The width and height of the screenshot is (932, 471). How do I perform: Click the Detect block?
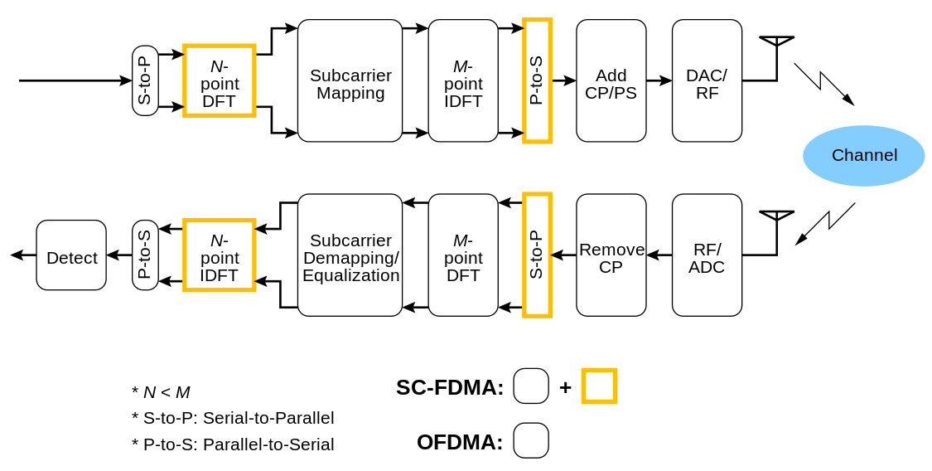(x=71, y=255)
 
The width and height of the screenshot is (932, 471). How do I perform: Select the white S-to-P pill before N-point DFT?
(x=145, y=80)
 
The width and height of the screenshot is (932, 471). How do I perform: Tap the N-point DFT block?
(x=220, y=81)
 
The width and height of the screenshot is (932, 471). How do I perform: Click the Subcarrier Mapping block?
(x=350, y=81)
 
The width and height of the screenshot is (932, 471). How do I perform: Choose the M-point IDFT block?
(x=463, y=81)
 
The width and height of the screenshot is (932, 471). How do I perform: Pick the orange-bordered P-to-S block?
(x=537, y=81)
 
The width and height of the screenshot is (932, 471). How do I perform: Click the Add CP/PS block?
(x=611, y=81)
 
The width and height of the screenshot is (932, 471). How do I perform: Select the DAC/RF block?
(x=707, y=81)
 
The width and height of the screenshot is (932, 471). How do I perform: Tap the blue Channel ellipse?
(x=864, y=156)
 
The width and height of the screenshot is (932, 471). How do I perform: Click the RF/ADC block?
(x=707, y=255)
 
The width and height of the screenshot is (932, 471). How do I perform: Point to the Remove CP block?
(x=611, y=255)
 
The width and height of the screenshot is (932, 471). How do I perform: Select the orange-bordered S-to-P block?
(x=537, y=255)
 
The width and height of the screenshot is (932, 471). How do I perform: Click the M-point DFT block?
(x=463, y=255)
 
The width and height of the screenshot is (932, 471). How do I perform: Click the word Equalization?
(x=350, y=275)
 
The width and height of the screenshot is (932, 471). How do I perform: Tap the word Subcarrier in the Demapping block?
(x=350, y=240)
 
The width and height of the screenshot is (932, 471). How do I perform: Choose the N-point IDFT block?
(x=220, y=255)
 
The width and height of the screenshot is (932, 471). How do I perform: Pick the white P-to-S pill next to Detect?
(x=145, y=255)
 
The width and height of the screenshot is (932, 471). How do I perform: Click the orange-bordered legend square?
(x=599, y=386)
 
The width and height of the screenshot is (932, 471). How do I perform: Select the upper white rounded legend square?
(x=531, y=386)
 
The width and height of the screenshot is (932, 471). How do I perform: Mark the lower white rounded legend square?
(x=531, y=440)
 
